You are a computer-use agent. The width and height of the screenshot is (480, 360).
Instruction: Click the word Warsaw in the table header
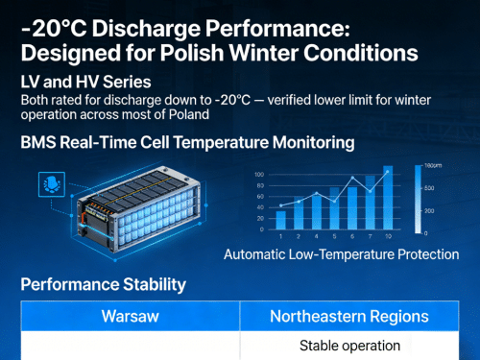[x=130, y=316]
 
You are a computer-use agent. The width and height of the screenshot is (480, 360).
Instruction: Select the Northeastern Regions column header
[x=349, y=316]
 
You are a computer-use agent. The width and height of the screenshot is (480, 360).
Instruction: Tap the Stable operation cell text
[x=349, y=346]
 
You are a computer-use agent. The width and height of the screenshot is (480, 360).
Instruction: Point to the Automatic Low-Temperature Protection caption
[x=341, y=255]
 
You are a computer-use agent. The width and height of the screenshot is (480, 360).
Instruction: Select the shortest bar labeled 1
[x=280, y=220]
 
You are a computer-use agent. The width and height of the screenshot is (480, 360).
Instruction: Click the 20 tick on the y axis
[x=259, y=218]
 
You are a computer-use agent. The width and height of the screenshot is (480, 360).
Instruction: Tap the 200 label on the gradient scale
[x=429, y=210]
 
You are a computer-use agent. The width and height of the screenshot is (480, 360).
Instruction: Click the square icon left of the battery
[x=46, y=184]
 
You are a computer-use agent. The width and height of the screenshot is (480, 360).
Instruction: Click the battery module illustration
[x=144, y=202]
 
